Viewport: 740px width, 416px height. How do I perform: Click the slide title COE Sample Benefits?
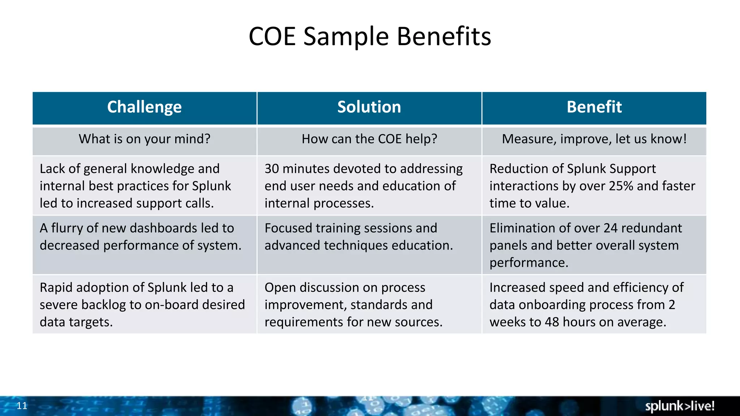370,36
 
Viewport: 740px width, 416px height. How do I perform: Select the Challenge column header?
145,107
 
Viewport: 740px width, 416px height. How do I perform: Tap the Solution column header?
369,107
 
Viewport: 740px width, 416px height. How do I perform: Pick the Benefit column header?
594,107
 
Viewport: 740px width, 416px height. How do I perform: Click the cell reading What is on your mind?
145,139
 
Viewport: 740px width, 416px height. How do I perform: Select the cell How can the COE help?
369,139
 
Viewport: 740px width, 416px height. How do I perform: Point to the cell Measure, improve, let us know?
594,139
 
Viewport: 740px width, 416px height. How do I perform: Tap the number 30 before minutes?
272,169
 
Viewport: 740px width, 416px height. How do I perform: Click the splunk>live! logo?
680,406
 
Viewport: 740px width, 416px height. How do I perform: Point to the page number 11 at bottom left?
22,406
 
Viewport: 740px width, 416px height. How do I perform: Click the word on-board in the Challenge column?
172,305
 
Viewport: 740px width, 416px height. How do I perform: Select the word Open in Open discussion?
278,288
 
